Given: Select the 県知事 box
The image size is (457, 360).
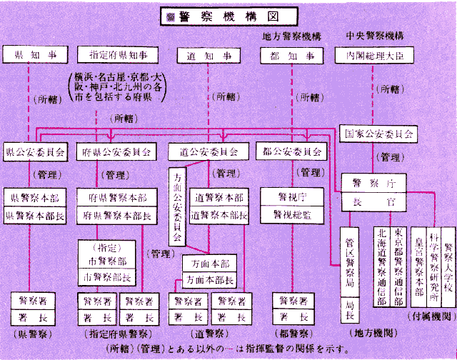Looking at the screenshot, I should [x=34, y=54].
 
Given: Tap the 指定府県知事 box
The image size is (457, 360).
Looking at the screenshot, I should [x=117, y=54].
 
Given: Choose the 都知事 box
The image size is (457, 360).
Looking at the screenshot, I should [x=291, y=54].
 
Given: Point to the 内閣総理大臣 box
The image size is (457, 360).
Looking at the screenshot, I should [x=374, y=54].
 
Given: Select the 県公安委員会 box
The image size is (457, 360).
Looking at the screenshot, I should [x=35, y=151].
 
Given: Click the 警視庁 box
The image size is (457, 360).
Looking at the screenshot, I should [x=291, y=195].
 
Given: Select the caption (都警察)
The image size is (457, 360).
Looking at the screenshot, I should [x=289, y=333].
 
